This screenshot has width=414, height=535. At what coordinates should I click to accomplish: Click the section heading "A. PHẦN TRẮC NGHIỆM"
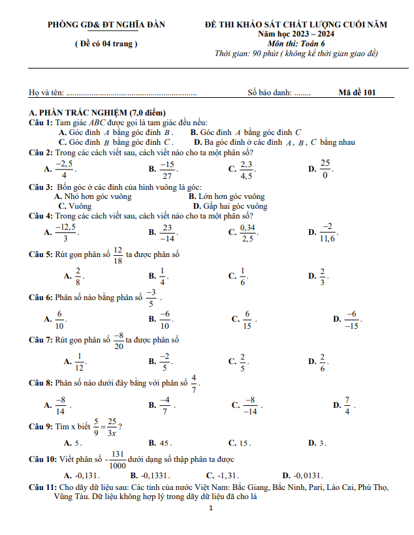(x=97, y=113)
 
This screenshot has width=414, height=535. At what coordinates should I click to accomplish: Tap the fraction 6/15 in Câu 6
(x=247, y=319)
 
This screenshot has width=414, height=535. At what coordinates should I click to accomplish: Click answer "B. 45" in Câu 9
(x=159, y=442)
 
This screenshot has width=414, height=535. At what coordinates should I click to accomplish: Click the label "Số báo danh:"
(x=270, y=93)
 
